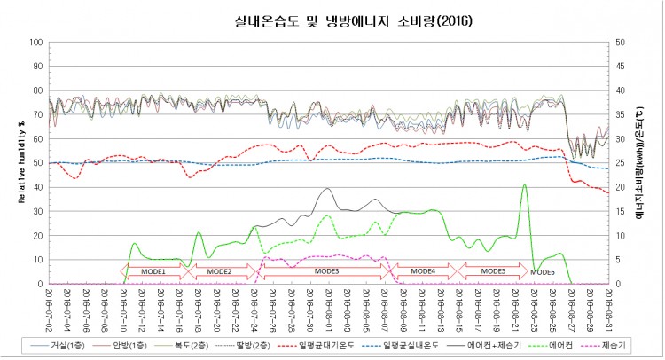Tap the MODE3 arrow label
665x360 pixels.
tap(327, 270)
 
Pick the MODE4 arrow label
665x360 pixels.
tap(423, 270)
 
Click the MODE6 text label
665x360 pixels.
tap(542, 271)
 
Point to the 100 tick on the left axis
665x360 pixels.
tap(36, 43)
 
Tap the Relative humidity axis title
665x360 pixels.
tap(20, 163)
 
